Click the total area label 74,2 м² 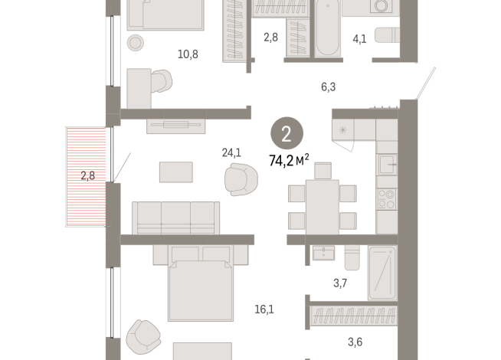[x=288, y=159]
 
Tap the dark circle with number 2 [x=286, y=135]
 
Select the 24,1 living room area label [x=231, y=152]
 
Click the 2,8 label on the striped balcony [x=88, y=175]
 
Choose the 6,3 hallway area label [x=328, y=87]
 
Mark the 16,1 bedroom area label [x=264, y=309]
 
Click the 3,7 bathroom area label [x=340, y=283]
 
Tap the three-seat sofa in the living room [x=176, y=218]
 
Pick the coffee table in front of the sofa [x=176, y=172]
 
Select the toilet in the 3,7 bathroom [x=352, y=260]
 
